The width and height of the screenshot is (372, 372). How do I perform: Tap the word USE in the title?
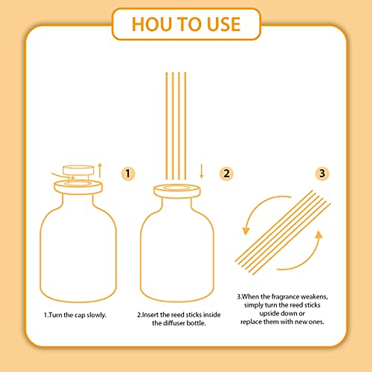point(224,24)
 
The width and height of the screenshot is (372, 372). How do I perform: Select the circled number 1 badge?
point(128,173)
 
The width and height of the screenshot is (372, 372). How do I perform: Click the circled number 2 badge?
point(226,173)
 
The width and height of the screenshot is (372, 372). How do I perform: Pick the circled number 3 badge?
point(322,173)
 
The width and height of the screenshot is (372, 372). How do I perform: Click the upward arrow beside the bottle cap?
point(100,170)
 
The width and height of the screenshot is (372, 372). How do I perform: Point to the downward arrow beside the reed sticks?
point(201,171)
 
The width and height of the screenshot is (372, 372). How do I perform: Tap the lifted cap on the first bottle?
point(78,170)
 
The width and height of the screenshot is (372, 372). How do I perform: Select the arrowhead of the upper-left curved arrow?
point(246,231)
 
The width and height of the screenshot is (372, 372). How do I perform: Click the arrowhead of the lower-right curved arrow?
point(318,235)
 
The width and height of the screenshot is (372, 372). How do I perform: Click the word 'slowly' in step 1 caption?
point(96,315)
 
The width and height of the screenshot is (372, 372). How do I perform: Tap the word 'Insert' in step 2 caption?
point(150,315)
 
